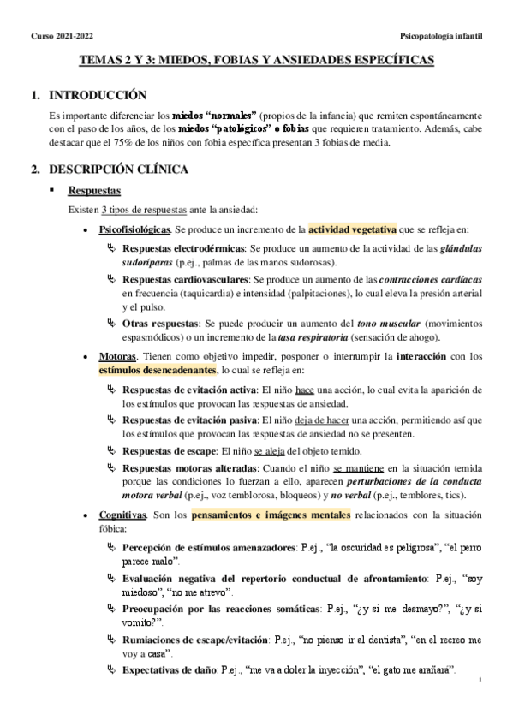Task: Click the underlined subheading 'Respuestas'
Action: (x=94, y=190)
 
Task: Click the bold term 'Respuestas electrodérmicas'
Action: (x=184, y=247)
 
